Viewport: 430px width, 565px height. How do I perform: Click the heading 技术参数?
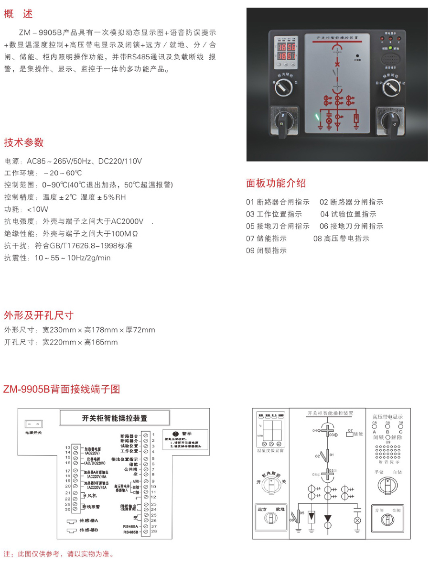click(x=24, y=142)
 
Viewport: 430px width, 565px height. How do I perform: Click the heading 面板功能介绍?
click(x=276, y=183)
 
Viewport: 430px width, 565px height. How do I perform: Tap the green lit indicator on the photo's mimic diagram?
click(x=316, y=117)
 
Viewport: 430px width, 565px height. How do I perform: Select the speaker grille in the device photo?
click(x=390, y=60)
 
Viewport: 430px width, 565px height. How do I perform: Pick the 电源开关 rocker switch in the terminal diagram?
click(x=34, y=424)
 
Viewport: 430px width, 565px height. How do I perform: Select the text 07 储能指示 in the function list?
click(x=266, y=238)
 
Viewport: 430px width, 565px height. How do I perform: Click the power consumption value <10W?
click(x=37, y=209)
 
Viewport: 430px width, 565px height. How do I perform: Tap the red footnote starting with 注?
click(x=59, y=554)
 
